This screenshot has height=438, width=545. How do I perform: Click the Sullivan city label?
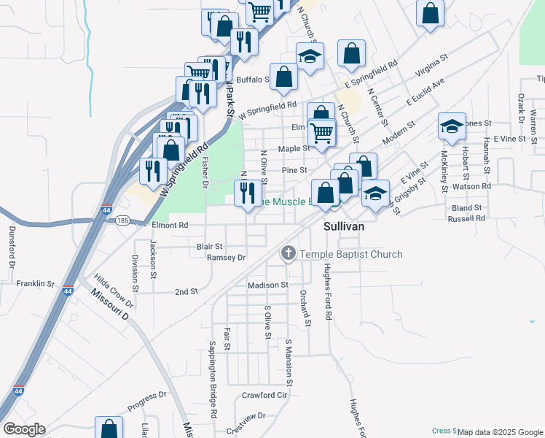pos(343,227)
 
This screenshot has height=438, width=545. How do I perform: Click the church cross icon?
pos(289,254)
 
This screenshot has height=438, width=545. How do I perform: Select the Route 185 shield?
pos(122,220)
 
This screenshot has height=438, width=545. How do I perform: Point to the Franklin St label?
pos(36,283)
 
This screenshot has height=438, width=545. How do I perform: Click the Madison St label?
pos(268,285)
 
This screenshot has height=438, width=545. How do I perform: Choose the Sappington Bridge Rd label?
pos(213,379)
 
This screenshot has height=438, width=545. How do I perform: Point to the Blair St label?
pos(210,247)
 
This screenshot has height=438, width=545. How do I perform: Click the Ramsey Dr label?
pos(227,257)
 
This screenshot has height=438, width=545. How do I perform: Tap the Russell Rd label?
pos(466,218)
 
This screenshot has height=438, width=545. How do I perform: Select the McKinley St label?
pos(444,172)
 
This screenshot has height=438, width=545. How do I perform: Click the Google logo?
pos(24,429)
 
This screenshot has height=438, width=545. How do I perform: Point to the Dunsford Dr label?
pos(11,244)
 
